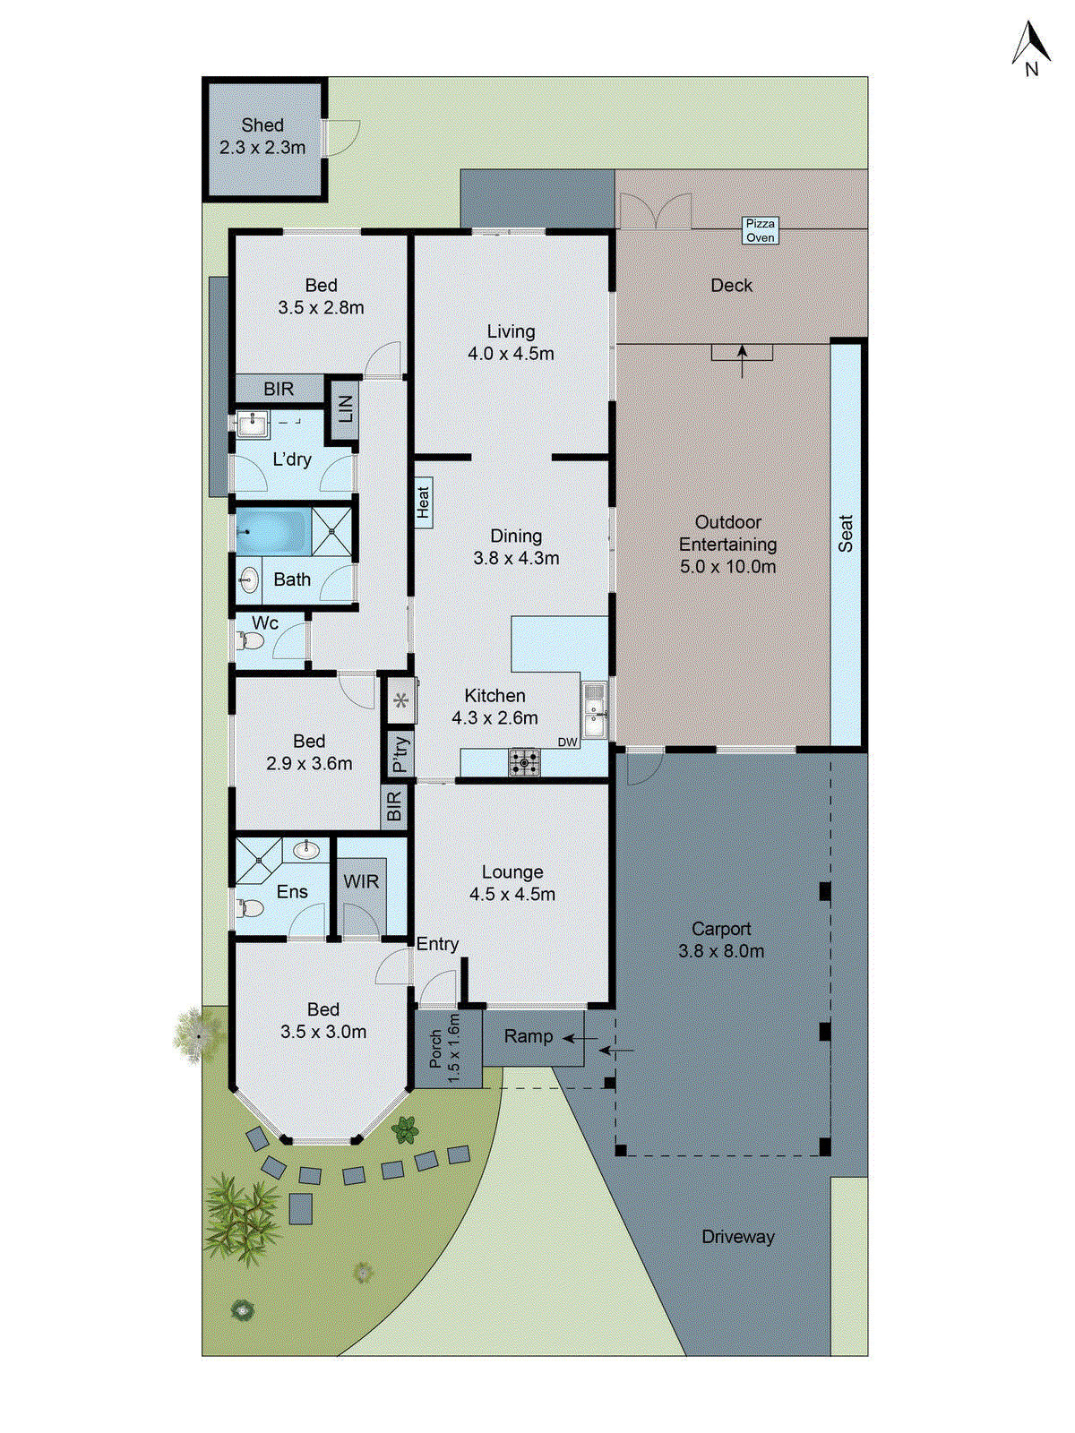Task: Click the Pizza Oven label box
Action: point(761,230)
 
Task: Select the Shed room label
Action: point(262,125)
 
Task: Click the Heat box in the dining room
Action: point(424,502)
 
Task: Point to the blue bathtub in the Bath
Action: point(271,531)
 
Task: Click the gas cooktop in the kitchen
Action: point(525,762)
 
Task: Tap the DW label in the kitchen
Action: point(567,742)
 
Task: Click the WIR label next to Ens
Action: point(361,881)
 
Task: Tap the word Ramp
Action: point(528,1036)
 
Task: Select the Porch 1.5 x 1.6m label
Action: point(444,1049)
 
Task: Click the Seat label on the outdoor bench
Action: point(846,534)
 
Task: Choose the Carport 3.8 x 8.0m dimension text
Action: point(721,951)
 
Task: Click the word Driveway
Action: point(737,1237)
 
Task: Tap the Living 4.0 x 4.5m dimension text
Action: point(511,354)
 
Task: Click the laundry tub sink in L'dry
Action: point(254,423)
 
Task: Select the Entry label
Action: point(437,944)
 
